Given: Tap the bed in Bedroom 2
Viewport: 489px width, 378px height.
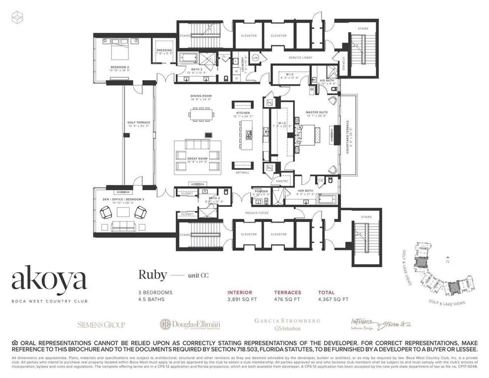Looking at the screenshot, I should [121, 51].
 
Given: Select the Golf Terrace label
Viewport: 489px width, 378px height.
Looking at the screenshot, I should [138, 123].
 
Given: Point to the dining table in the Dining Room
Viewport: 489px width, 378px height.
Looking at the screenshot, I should [201, 115].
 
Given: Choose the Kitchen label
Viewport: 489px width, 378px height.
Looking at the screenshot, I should [243, 113].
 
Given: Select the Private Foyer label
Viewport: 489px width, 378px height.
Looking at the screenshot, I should [255, 213].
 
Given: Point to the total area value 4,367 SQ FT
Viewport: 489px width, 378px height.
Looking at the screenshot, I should [333, 299].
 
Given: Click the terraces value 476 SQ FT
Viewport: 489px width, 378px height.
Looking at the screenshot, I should [287, 299].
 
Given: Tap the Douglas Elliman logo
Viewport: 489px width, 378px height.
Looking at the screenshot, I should [190, 324].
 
